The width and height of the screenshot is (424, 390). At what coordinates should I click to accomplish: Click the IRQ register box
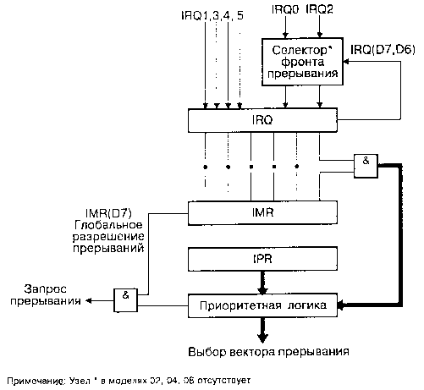tap(262, 120)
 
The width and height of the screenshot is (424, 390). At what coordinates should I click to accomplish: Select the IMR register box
tap(262, 213)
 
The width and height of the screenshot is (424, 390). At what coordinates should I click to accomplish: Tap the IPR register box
tap(262, 259)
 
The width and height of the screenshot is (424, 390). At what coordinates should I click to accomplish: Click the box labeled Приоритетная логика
tap(262, 305)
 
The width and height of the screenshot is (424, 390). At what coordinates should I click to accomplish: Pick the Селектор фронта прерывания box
tap(302, 62)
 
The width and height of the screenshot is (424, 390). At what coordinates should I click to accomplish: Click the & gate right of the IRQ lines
tap(366, 166)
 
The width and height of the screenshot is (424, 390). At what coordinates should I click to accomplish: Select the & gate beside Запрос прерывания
tap(125, 300)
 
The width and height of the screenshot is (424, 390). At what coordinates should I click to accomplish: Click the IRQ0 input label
tap(285, 9)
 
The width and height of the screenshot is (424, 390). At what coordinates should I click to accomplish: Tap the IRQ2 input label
tap(319, 9)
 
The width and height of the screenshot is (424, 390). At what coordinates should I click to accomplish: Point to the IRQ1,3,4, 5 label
tap(212, 15)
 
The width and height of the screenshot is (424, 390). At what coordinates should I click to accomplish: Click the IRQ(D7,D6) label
tap(383, 50)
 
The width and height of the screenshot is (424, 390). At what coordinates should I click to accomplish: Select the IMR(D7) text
tap(108, 213)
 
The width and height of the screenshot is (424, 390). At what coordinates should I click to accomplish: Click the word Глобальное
tap(108, 225)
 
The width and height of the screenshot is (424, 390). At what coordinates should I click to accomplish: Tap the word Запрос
tap(45, 289)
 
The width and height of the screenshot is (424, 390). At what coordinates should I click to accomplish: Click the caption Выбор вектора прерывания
tap(268, 352)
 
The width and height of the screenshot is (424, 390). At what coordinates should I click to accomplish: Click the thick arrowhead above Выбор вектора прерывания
tap(262, 338)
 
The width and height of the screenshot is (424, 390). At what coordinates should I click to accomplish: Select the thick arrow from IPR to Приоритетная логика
tap(262, 283)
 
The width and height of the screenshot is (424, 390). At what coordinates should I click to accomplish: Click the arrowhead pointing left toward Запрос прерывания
tap(89, 301)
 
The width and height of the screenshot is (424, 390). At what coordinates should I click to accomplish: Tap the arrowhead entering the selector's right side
tap(346, 62)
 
